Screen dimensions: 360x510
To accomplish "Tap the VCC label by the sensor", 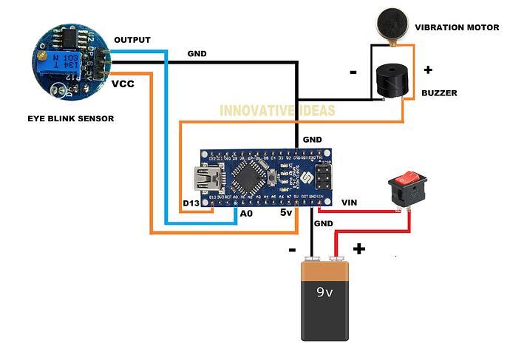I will pyautogui.click(x=123, y=84).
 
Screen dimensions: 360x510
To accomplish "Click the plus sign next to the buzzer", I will pyautogui.click(x=428, y=70).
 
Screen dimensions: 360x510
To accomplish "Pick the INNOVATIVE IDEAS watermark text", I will pyautogui.click(x=277, y=111).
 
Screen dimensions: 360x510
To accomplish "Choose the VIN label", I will pyautogui.click(x=350, y=201).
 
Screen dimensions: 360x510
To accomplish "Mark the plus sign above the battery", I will pyautogui.click(x=358, y=249).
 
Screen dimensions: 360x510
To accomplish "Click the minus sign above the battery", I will pyautogui.click(x=292, y=249).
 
